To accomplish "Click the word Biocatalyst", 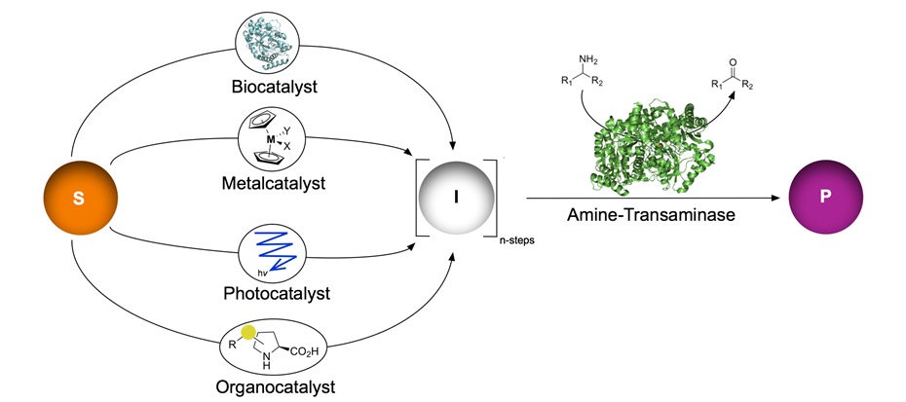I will [274, 88].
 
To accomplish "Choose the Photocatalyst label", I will [274, 293].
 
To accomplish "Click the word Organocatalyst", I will [274, 386].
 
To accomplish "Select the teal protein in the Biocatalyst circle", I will [274, 42].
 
